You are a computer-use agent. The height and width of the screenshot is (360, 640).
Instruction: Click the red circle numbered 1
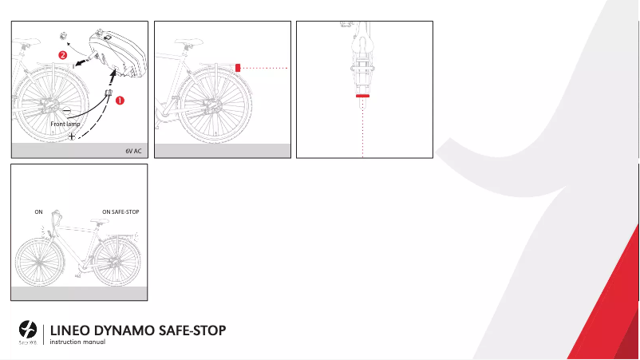(x=121, y=101)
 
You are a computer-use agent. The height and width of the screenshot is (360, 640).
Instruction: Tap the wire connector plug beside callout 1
(x=108, y=96)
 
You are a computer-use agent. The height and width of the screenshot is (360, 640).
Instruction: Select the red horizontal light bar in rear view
(x=363, y=95)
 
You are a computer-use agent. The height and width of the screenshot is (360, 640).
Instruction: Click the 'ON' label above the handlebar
(x=38, y=212)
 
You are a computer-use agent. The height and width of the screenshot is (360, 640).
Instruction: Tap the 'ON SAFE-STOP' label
(x=121, y=212)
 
